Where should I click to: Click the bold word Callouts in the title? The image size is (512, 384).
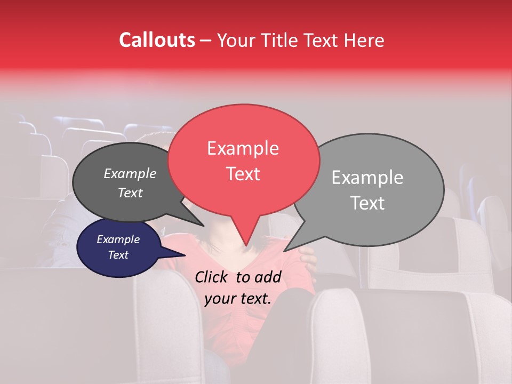coord(157,40)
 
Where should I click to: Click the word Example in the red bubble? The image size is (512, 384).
coord(243,148)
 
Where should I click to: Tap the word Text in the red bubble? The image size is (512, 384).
coord(243,174)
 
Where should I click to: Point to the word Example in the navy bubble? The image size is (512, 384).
coord(118,239)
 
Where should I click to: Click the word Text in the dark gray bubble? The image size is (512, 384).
coord(130,193)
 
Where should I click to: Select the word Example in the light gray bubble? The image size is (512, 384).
coord(367,178)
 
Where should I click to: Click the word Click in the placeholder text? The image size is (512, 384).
coord(212,277)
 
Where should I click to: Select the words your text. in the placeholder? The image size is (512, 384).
coord(238,299)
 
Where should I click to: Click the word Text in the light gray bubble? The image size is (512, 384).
coord(368,203)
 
